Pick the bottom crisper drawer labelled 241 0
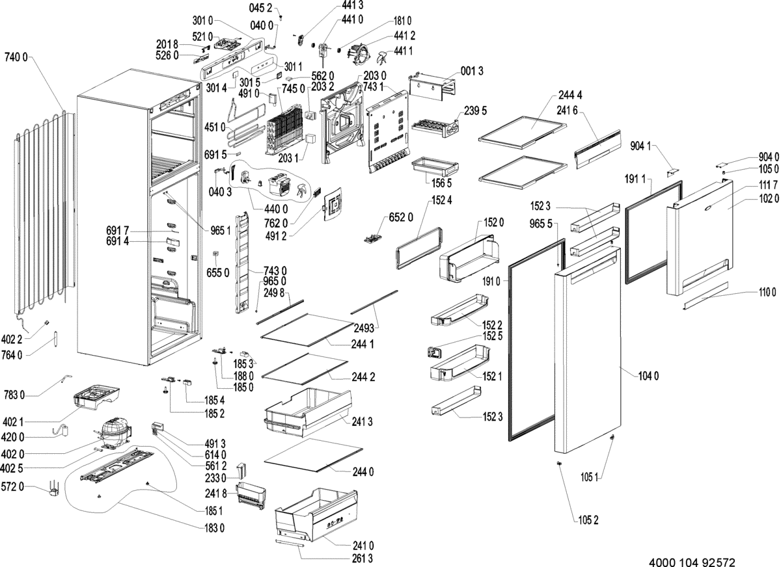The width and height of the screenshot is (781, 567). (316, 514)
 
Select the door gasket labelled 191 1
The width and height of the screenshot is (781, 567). (653, 231)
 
